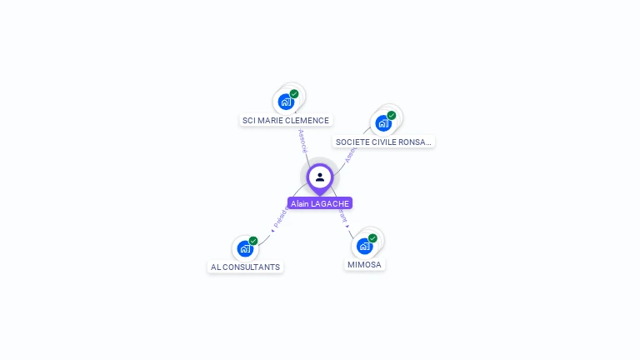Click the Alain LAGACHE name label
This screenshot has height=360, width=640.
click(x=320, y=203)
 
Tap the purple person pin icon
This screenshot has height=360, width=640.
click(x=320, y=177)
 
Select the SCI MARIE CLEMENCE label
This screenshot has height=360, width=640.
click(x=286, y=120)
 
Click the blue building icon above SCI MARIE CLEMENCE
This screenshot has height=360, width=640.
click(x=286, y=102)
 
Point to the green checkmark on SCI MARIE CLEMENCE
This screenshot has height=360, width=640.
click(x=294, y=94)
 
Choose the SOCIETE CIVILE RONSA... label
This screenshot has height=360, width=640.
click(x=383, y=142)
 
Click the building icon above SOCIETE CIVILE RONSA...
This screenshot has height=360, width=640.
click(x=382, y=123)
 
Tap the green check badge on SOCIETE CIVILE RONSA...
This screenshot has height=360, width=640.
click(x=392, y=115)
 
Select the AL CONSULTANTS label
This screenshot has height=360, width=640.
click(x=245, y=267)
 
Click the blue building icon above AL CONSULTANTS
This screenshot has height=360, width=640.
click(x=244, y=248)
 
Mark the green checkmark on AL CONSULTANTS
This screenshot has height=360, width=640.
click(x=253, y=241)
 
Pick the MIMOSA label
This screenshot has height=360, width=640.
click(x=364, y=264)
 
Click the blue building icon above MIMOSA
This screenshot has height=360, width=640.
click(x=363, y=246)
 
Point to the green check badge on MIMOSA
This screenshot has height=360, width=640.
click(x=372, y=238)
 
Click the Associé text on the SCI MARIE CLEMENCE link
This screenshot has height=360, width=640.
click(x=302, y=140)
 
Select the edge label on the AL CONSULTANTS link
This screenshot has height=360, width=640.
click(x=280, y=218)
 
